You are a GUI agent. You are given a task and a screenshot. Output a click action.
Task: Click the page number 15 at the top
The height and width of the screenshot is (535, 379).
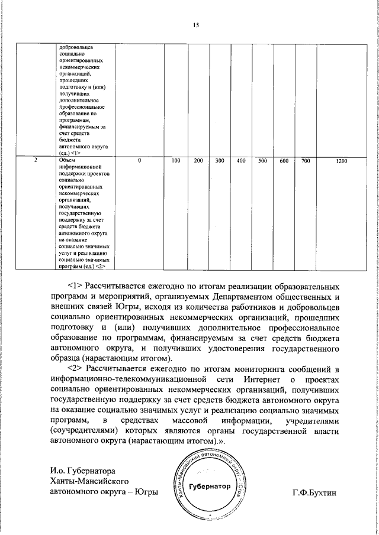pyautogui.click(x=197, y=25)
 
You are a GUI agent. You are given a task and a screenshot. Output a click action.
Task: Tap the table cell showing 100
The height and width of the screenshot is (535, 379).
pyautogui.click(x=176, y=161)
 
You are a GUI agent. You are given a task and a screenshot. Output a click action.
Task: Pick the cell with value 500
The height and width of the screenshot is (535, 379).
pyautogui.click(x=263, y=161)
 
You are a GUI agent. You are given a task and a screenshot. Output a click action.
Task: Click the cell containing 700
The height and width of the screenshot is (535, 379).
pyautogui.click(x=305, y=161)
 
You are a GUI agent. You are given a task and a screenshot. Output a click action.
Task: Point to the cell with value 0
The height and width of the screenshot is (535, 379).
pyautogui.click(x=139, y=161)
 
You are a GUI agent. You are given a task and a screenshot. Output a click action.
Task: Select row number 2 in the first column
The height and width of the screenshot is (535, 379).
pyautogui.click(x=36, y=161)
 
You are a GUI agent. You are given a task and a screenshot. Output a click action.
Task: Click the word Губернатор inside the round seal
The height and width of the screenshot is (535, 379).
pyautogui.click(x=208, y=486)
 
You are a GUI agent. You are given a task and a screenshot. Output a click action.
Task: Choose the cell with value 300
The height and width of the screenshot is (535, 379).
pyautogui.click(x=219, y=161)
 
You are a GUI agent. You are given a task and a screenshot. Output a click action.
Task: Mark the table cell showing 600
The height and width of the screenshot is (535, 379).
pyautogui.click(x=284, y=161)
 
